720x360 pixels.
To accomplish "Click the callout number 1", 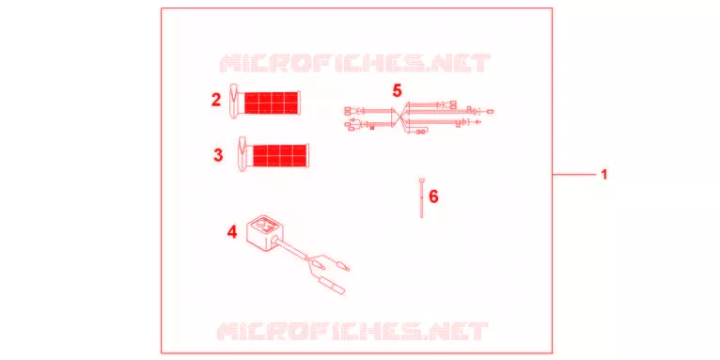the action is click(604, 175).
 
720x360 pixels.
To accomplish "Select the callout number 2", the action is click(216, 100).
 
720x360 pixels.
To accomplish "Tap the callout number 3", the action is click(219, 155).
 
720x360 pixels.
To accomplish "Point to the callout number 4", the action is click(232, 232).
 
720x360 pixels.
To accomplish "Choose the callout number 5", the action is click(398, 90).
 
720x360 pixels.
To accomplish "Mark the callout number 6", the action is click(433, 196).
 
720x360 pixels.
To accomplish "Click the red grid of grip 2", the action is click(271, 102).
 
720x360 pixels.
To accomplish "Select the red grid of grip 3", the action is click(280, 156).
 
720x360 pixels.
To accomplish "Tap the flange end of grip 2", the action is click(234, 102).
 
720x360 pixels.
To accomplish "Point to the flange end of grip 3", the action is click(243, 154).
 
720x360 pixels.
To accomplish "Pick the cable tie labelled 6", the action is click(421, 197).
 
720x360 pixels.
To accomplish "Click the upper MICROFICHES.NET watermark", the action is click(355, 63).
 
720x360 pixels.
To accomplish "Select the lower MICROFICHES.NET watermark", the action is click(352, 331).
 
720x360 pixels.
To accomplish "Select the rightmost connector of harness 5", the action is click(491, 112).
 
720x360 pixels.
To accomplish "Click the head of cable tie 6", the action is click(421, 180).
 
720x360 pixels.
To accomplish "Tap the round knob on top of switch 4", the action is click(260, 225).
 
